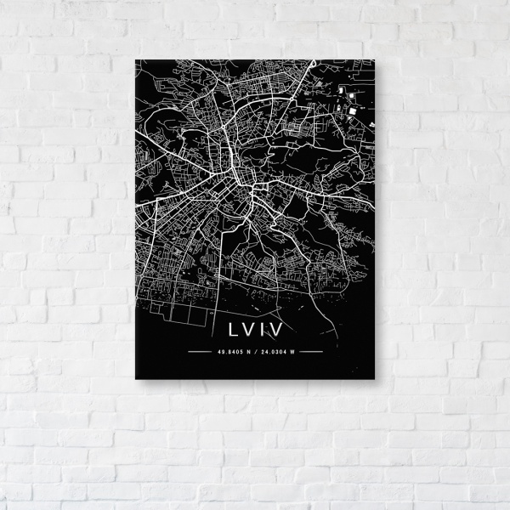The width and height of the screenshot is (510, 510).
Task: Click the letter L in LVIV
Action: (231, 327)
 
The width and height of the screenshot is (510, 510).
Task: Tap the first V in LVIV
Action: (247, 327)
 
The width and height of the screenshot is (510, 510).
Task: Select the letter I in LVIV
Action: (263, 327)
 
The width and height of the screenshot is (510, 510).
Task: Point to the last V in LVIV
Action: (277, 327)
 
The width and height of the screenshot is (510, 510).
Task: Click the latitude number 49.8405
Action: (229, 350)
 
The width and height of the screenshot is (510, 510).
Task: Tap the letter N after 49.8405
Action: (246, 350)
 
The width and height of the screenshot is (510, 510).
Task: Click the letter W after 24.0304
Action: (291, 350)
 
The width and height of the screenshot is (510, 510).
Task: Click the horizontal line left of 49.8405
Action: (201, 350)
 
